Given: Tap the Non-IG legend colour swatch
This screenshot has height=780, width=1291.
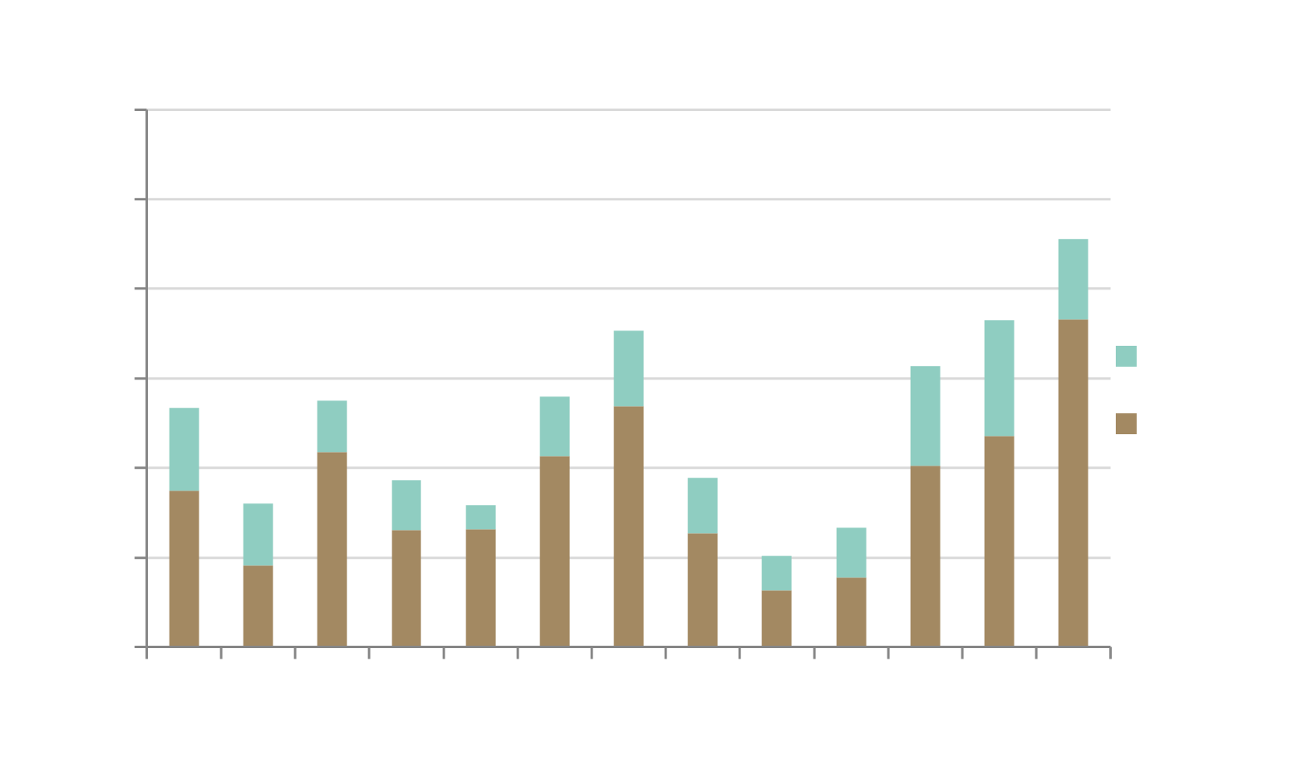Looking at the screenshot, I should coord(1126,355).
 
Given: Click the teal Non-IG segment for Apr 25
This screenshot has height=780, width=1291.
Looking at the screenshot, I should coord(1072,279).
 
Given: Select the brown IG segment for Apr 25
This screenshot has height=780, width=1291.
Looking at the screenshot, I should coord(1072,482).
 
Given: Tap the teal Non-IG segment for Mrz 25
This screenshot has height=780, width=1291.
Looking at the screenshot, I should coord(998,378).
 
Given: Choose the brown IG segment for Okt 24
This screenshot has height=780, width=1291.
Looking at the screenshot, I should coord(628,527).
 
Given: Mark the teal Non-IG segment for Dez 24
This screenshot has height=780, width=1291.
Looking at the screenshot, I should coord(777,573).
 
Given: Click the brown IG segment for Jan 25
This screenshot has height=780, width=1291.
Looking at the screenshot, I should coord(850,612).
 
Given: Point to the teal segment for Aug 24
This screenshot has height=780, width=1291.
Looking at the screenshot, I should coord(481,517).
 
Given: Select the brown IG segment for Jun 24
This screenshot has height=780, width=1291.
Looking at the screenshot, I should coord(332,549).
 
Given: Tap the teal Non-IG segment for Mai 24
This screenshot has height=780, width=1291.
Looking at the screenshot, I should coord(258,534).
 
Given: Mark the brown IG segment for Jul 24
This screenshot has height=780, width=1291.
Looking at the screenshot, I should coord(406,588).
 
